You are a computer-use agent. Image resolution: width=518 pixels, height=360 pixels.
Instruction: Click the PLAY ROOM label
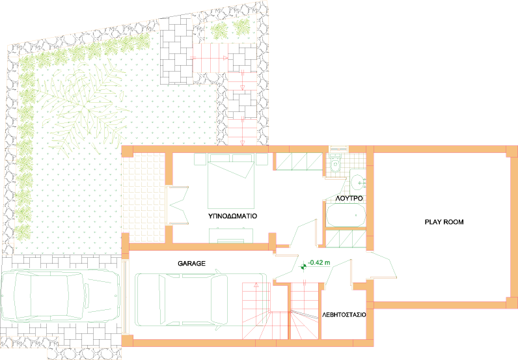click(x=444, y=222)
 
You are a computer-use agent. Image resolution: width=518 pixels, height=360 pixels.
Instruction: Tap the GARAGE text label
click(x=191, y=264)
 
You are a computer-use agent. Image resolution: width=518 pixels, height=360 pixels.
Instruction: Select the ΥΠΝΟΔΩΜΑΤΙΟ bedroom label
click(x=232, y=216)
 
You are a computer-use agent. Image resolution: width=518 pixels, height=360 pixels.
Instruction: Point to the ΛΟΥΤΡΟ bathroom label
click(x=349, y=199)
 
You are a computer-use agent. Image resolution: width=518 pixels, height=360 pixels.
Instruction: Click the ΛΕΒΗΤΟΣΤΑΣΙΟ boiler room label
click(x=344, y=314)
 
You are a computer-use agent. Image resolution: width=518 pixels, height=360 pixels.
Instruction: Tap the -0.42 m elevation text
click(x=319, y=263)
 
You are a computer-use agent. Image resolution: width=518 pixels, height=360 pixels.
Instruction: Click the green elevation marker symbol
click(x=303, y=266)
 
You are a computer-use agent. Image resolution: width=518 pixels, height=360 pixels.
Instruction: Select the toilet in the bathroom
click(x=335, y=163)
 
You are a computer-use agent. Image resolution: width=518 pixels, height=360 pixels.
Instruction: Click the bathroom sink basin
click(x=358, y=182)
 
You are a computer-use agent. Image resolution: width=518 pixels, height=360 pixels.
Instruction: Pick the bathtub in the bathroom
click(x=346, y=215)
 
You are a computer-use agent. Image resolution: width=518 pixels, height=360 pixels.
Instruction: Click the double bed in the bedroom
click(x=231, y=181)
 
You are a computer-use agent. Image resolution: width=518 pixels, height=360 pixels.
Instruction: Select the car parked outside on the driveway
click(x=60, y=296)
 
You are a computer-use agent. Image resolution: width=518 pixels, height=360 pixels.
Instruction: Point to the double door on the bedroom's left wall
click(x=178, y=206)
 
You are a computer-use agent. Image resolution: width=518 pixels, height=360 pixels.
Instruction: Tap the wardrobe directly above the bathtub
click(x=299, y=161)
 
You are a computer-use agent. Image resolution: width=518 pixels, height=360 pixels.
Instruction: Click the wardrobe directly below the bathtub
click(x=346, y=239)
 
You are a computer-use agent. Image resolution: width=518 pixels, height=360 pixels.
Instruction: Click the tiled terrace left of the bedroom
click(x=143, y=197)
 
